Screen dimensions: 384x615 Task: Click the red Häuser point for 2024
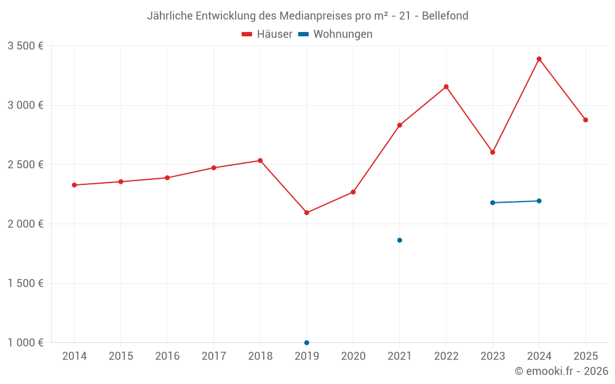[539, 59]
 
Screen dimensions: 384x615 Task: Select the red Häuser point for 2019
[306, 213]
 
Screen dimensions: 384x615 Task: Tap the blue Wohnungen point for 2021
[400, 240]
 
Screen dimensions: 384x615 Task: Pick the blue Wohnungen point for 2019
[306, 342]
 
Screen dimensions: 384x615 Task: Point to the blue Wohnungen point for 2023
[493, 203]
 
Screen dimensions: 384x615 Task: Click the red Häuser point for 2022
[446, 87]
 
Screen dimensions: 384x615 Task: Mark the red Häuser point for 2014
[74, 185]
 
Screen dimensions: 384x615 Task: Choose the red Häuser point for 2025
[585, 120]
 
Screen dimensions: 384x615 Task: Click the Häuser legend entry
[268, 34]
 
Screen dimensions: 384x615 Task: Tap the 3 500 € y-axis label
[25, 46]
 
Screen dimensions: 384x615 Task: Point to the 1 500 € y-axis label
[25, 283]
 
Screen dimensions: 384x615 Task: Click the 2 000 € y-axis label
[25, 224]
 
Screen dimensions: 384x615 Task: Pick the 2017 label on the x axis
[213, 356]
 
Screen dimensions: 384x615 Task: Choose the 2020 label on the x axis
[353, 356]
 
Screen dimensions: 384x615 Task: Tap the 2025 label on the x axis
[585, 356]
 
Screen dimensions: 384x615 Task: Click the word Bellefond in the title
[445, 15]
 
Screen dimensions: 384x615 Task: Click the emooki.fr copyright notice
[561, 371]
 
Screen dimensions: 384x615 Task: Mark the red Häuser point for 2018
[260, 160]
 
